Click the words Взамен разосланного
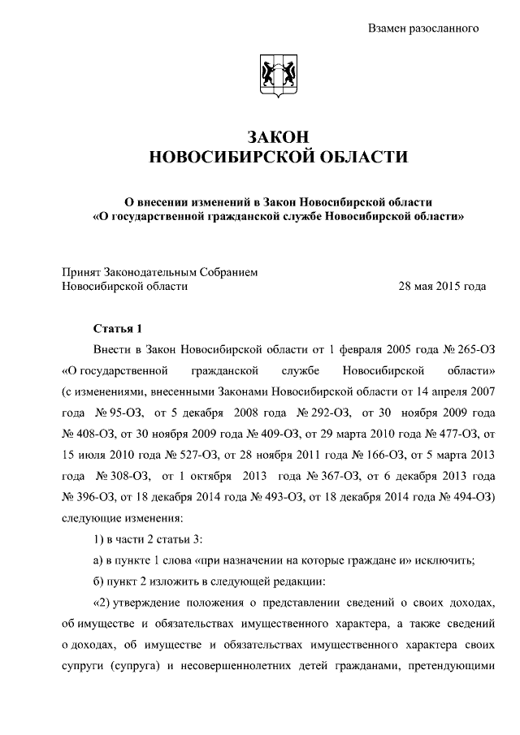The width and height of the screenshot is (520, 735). pyautogui.click(x=422, y=28)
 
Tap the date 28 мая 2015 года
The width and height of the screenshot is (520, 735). pyautogui.click(x=442, y=286)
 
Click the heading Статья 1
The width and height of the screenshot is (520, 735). pyautogui.click(x=117, y=328)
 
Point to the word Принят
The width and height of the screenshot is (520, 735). pyautogui.click(x=80, y=272)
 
